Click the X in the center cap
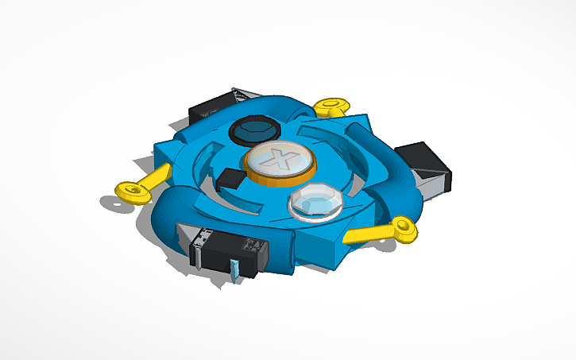(278, 158)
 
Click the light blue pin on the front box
(235, 270)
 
